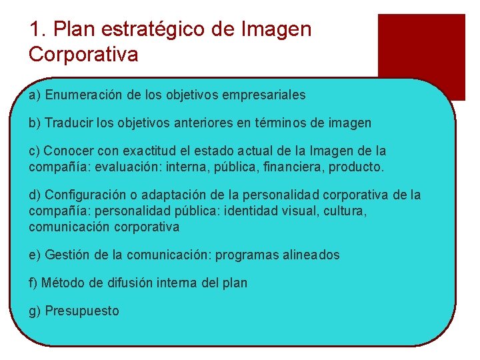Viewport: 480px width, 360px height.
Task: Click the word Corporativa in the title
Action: pos(83,54)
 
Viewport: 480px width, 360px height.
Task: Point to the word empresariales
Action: pos(267,95)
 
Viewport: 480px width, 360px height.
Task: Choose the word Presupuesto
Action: pos(82,311)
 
